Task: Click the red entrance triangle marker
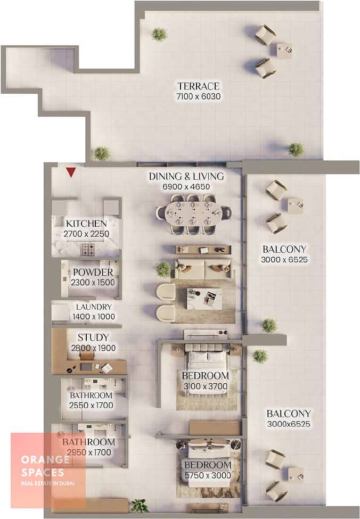tap(71, 172)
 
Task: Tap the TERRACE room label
tap(199, 86)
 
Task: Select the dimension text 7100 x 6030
tap(199, 97)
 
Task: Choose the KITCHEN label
tap(86, 224)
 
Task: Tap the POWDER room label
tap(93, 273)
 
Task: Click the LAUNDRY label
tap(94, 307)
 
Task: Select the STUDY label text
tap(93, 337)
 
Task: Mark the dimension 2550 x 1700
tap(91, 405)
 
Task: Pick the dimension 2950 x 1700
tap(89, 452)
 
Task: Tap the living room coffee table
tap(204, 299)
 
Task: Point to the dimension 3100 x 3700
tap(206, 386)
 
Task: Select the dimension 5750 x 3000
tap(208, 475)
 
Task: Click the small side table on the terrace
tap(284, 51)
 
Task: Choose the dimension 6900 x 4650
tap(186, 187)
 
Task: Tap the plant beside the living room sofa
tap(163, 269)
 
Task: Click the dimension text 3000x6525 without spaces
tap(289, 424)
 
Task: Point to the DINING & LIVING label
tap(186, 176)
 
